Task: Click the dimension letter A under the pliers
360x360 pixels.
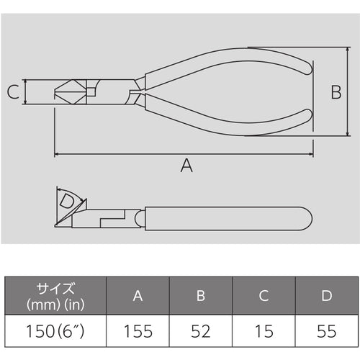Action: pyautogui.click(x=186, y=166)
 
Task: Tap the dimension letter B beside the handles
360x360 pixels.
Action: pyautogui.click(x=335, y=91)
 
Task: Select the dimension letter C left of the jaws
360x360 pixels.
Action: pyautogui.click(x=12, y=92)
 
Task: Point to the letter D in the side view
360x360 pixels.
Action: pyautogui.click(x=66, y=201)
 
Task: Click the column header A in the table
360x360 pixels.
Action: pyautogui.click(x=138, y=296)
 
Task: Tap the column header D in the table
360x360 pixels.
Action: pyautogui.click(x=326, y=296)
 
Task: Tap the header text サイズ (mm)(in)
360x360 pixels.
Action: pyautogui.click(x=55, y=296)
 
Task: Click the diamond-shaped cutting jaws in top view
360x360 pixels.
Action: pyautogui.click(x=68, y=92)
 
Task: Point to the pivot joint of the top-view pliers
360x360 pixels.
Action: pyautogui.click(x=134, y=92)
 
